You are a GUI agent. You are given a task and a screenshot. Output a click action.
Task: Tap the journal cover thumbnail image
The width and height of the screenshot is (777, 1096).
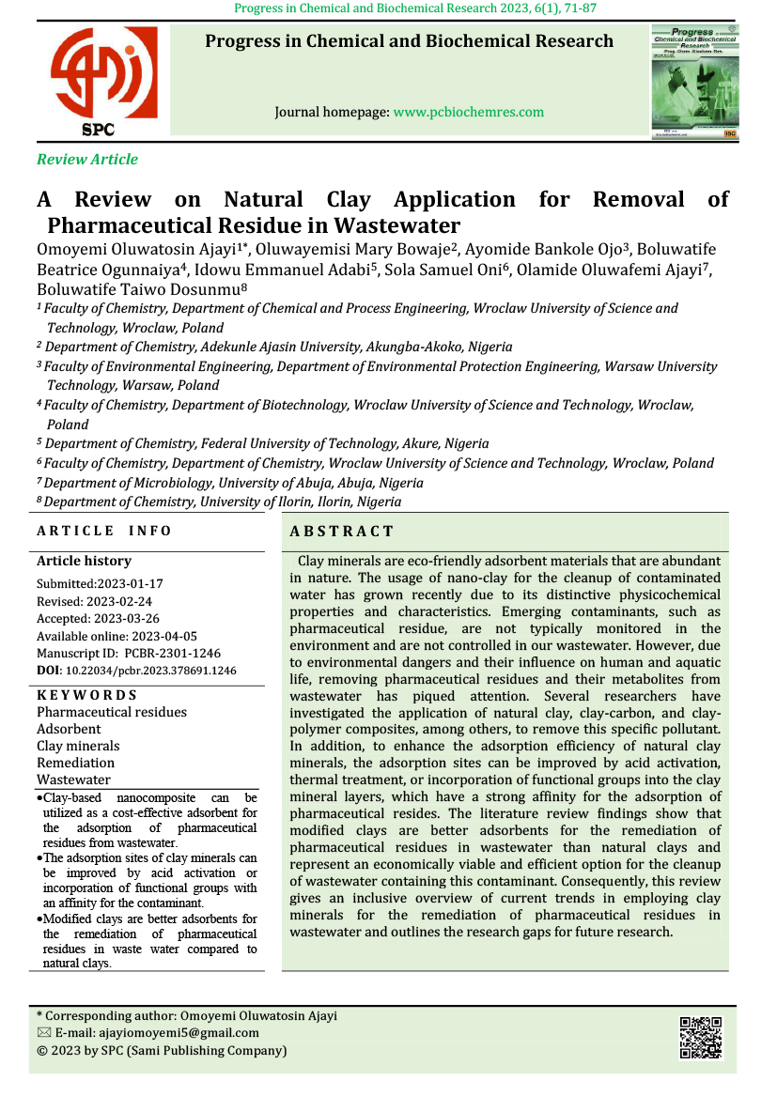tap(694, 84)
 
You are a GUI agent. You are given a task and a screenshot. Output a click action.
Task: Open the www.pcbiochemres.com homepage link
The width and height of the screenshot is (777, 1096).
tap(468, 112)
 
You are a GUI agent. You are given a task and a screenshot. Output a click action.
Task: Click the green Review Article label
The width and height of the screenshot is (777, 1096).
tap(87, 160)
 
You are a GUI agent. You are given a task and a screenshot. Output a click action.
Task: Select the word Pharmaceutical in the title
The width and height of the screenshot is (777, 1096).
tap(142, 225)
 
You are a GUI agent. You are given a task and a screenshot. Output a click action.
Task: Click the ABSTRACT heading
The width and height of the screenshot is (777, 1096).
tap(342, 532)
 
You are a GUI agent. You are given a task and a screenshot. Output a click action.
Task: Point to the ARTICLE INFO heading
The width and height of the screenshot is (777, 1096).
tap(104, 531)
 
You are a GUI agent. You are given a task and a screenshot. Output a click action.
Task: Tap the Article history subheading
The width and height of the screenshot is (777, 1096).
tap(84, 561)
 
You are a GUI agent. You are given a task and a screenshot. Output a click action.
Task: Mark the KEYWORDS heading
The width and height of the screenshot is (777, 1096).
tap(86, 695)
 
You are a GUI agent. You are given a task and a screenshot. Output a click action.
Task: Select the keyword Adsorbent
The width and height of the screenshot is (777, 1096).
tap(69, 729)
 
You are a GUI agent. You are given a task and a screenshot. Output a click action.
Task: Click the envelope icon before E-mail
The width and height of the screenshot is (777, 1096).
tap(43, 1033)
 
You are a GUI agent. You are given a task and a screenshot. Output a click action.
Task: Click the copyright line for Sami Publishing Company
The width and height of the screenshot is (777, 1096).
tap(161, 1051)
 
